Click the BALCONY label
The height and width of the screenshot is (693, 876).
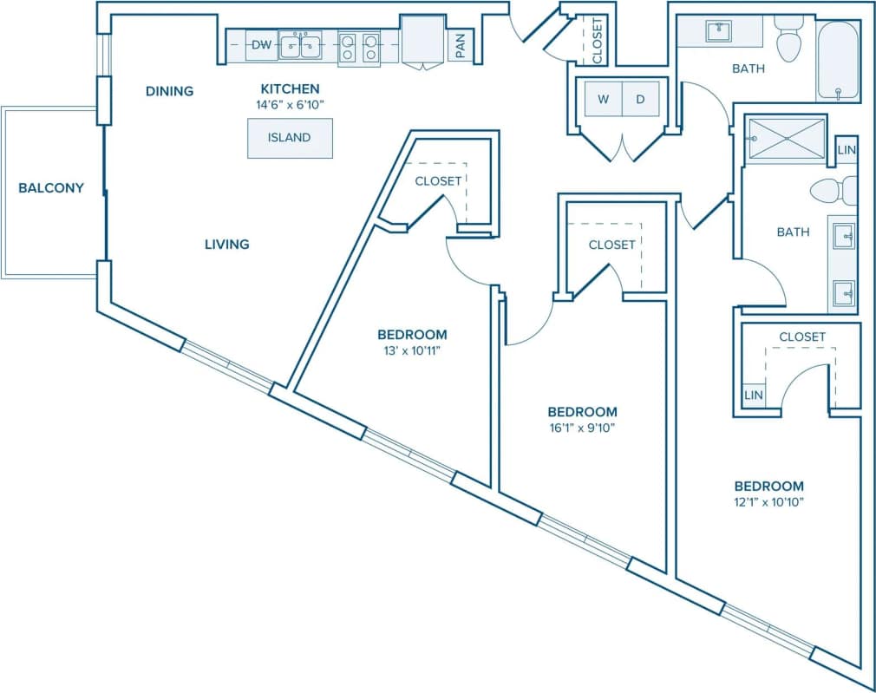(x=51, y=187)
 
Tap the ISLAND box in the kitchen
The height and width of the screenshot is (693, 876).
(x=290, y=138)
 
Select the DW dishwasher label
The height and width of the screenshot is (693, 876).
(x=262, y=44)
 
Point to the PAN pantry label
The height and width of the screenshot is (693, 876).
(x=460, y=44)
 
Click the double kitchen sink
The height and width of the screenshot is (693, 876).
(x=300, y=44)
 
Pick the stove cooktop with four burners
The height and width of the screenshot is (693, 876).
(x=359, y=45)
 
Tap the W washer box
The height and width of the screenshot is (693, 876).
(x=603, y=99)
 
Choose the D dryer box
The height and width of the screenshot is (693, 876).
(x=641, y=99)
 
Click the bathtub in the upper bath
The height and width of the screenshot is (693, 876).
(x=837, y=61)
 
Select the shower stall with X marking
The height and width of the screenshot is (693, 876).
(x=787, y=139)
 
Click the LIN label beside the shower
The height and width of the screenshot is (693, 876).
(x=847, y=151)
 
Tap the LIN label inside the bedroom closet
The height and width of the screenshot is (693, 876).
(x=754, y=396)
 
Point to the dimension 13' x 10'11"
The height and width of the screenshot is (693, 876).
(x=412, y=350)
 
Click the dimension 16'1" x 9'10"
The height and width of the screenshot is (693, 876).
(x=582, y=428)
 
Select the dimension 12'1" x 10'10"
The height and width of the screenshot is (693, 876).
(x=768, y=502)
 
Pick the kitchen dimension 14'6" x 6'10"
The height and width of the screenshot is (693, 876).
(x=290, y=105)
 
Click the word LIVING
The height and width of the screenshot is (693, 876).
(x=226, y=245)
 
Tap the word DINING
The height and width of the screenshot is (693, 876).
(x=169, y=91)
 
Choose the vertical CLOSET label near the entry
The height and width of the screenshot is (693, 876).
(x=598, y=41)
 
